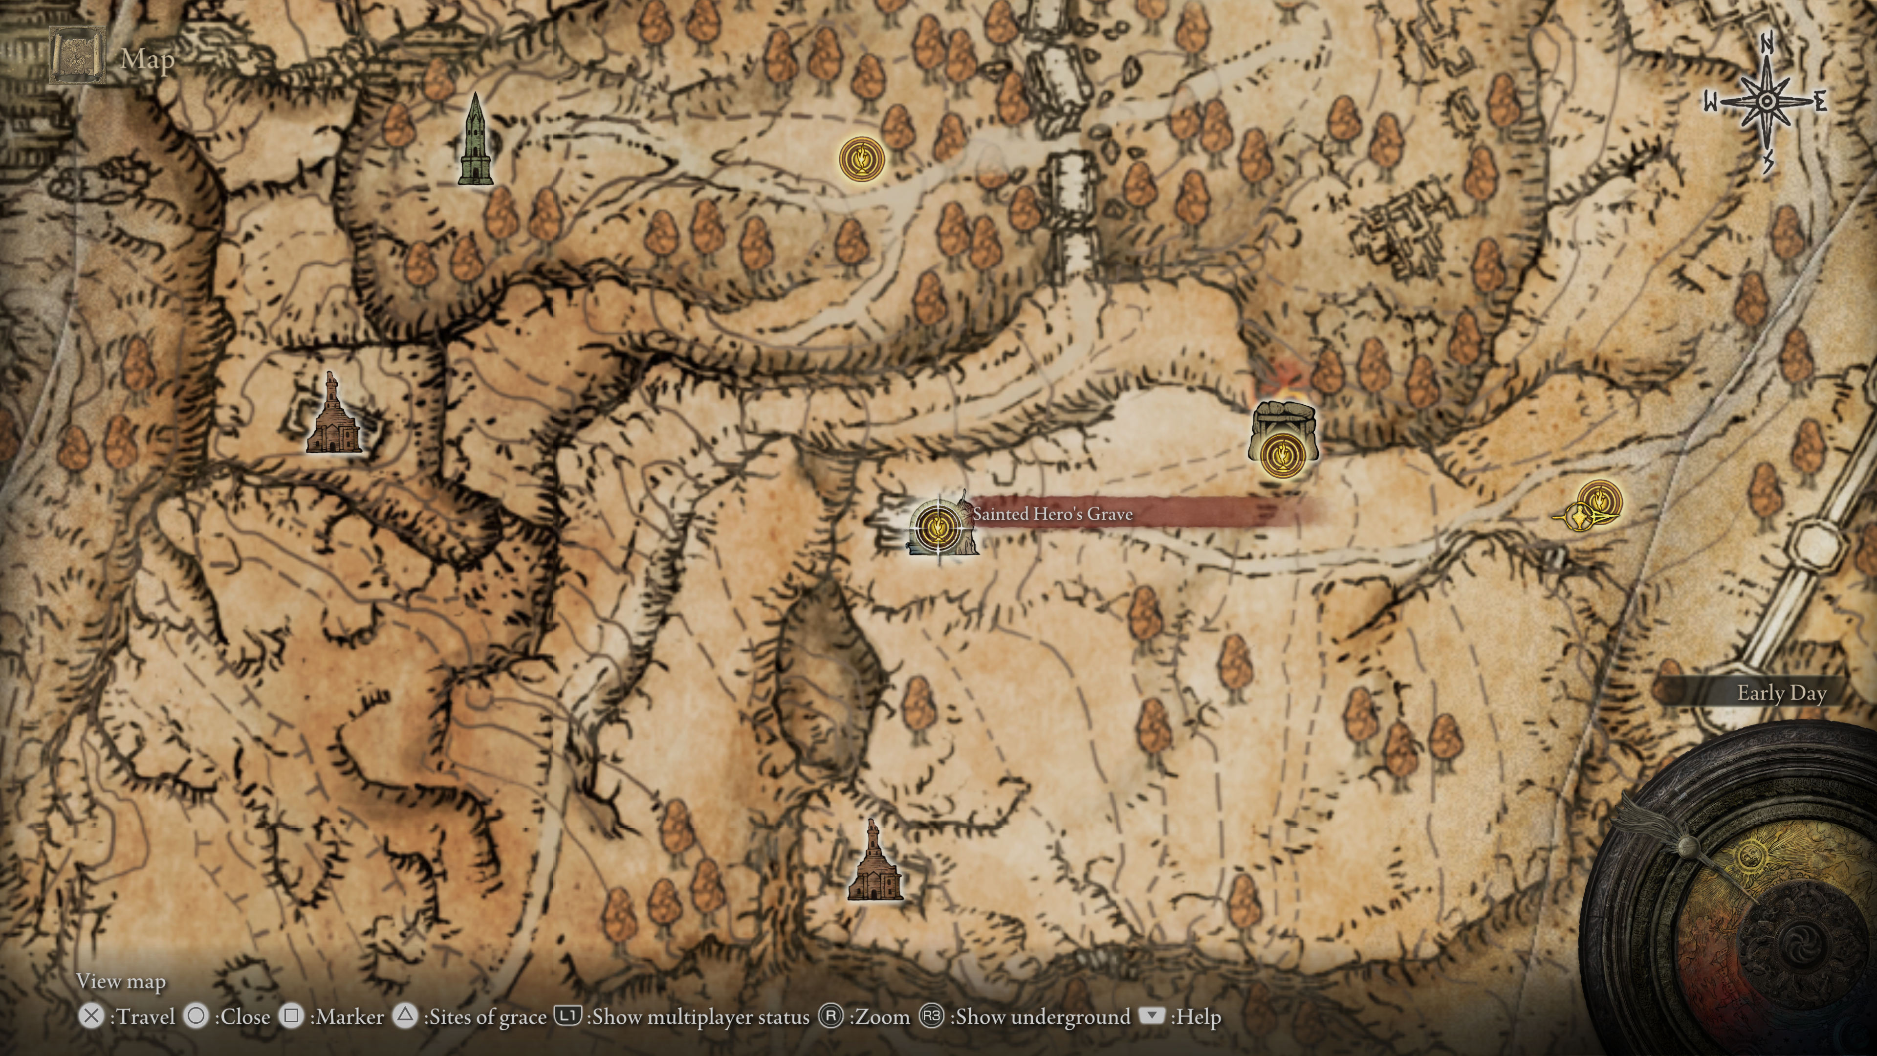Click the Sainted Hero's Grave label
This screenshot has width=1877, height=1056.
click(1052, 514)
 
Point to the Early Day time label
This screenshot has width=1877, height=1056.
click(1781, 693)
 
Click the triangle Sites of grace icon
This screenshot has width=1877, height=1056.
click(405, 1016)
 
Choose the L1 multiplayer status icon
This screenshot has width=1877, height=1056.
click(567, 1016)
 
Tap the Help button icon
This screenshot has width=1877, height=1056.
click(1151, 1015)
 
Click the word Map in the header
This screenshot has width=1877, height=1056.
click(148, 59)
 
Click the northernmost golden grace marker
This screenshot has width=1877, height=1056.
click(861, 159)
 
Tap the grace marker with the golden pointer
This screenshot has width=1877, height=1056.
click(1599, 502)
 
